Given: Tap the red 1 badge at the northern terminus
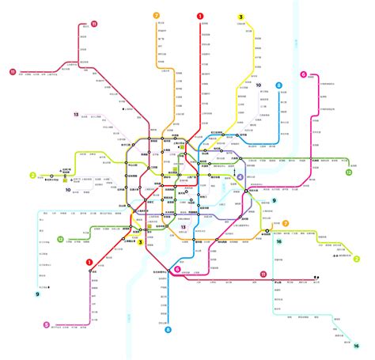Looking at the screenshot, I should click(x=200, y=15).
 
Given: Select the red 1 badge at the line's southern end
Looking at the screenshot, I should click(x=89, y=263).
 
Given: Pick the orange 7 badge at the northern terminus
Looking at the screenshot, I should click(x=157, y=15).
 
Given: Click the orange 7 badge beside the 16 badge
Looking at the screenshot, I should click(x=286, y=224).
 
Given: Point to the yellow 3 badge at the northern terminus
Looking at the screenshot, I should click(x=241, y=17).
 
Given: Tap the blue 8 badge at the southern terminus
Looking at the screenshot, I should click(x=168, y=340).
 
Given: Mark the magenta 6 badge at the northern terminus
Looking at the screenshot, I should click(x=303, y=75).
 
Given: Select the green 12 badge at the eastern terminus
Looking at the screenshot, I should click(x=349, y=171).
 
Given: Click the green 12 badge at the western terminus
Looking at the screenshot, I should click(x=60, y=238).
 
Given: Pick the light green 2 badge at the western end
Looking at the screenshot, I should click(x=32, y=176).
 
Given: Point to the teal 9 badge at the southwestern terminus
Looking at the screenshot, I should click(x=36, y=294).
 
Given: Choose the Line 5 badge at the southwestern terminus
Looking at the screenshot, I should click(x=47, y=324).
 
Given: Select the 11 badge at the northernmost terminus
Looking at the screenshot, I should click(x=94, y=25).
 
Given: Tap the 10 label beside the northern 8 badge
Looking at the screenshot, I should click(x=258, y=84).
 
